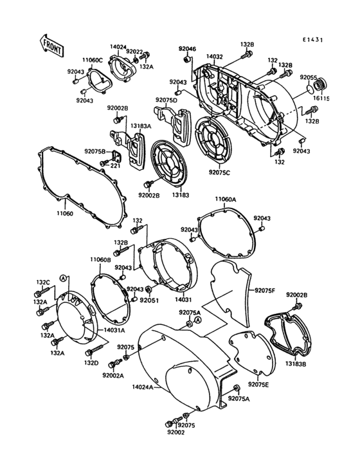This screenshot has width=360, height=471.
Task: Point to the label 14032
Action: pos(215,57)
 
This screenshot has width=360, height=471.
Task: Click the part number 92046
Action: pos(187,49)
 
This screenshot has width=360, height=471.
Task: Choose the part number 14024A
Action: pos(143,387)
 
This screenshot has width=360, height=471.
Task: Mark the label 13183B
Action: pos(296,363)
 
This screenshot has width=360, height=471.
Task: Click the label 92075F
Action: pos(265,290)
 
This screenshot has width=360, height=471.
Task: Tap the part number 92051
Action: pos(150,300)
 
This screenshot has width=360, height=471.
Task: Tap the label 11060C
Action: pos(92,60)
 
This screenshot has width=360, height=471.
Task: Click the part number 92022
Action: pos(134,51)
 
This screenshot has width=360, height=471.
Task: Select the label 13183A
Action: pos(141,127)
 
